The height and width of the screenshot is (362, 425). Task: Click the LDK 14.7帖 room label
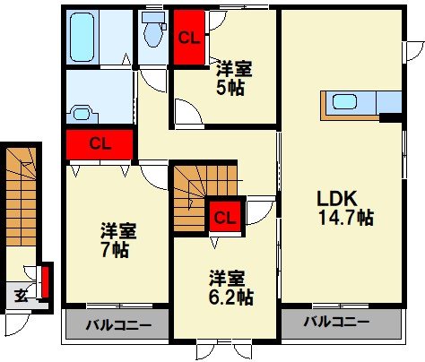(x=344, y=207)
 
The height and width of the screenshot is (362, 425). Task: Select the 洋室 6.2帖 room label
(x=226, y=287)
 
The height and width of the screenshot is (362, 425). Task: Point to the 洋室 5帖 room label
(x=230, y=78)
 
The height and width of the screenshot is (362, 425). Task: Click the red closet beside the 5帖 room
(x=188, y=38)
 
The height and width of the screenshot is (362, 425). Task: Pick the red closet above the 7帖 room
(x=99, y=143)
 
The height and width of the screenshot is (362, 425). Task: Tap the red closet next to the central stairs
(x=225, y=216)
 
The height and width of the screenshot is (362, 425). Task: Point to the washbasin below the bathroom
(x=82, y=113)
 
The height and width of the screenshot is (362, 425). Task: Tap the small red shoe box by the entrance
(x=46, y=282)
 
